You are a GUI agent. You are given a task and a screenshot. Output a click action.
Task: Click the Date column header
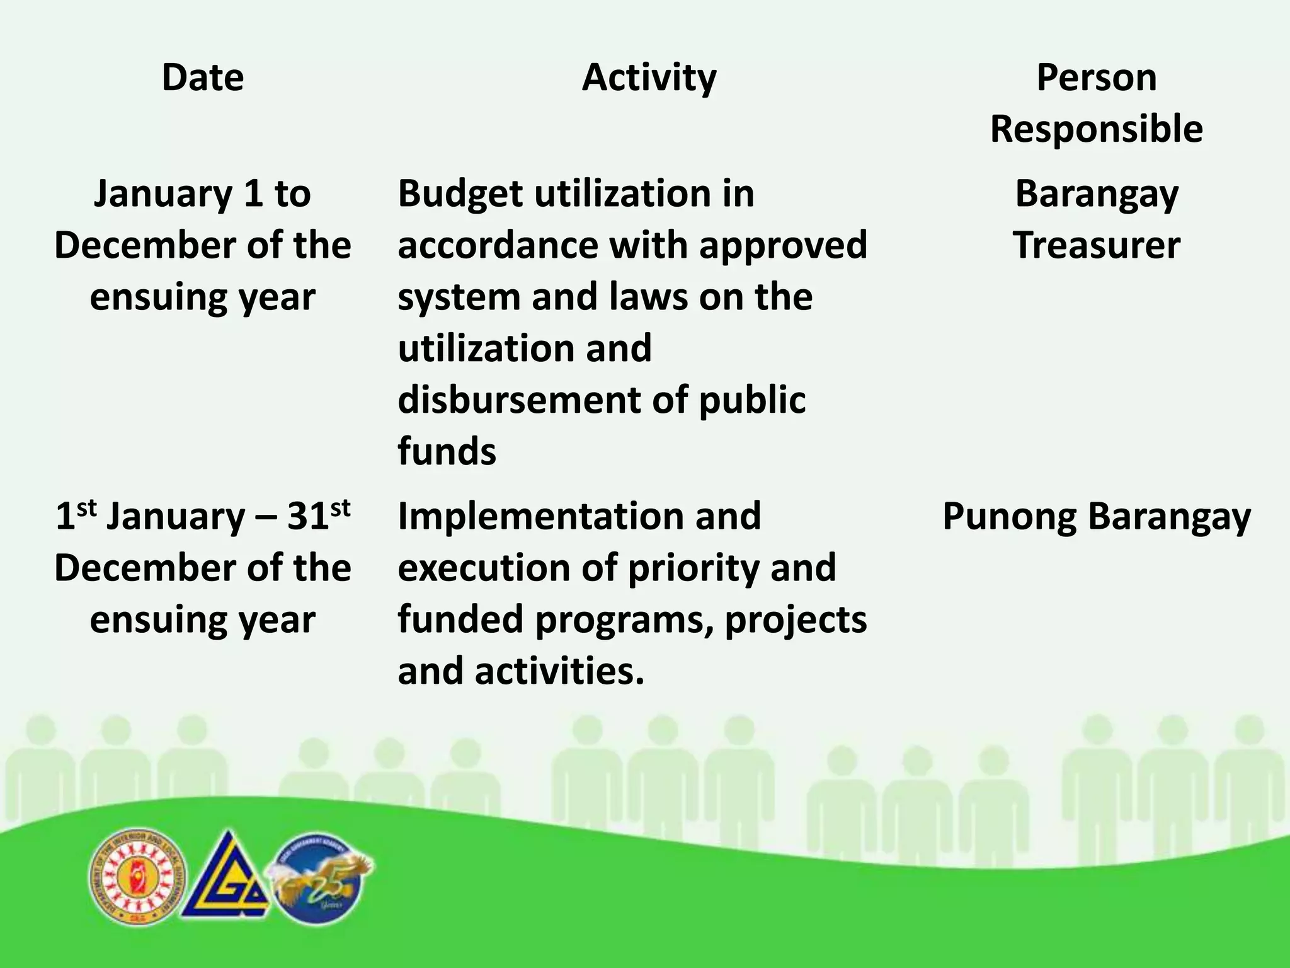pyautogui.click(x=202, y=78)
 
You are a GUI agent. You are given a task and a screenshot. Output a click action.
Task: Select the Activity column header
pyautogui.click(x=649, y=78)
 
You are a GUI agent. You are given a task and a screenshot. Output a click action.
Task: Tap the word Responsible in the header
pyautogui.click(x=1096, y=129)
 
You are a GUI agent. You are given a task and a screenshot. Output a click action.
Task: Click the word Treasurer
pyautogui.click(x=1096, y=245)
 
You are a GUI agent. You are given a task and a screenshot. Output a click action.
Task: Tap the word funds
pyautogui.click(x=447, y=452)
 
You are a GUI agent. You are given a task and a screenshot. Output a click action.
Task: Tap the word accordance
pyautogui.click(x=498, y=245)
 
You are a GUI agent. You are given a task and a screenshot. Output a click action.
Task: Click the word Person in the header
pyautogui.click(x=1096, y=78)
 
